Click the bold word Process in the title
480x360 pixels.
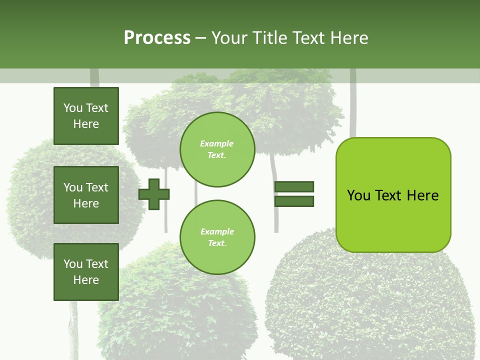tap(157, 38)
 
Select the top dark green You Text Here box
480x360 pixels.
tap(86, 116)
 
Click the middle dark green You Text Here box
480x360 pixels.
tap(86, 195)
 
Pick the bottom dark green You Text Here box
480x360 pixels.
tap(86, 271)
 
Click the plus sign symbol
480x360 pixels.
tap(154, 194)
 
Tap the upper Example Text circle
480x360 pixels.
tap(217, 149)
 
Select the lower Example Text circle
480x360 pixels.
tap(217, 237)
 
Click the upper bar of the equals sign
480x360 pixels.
tap(294, 187)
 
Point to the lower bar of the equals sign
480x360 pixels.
tap(294, 201)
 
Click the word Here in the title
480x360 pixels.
tap(348, 38)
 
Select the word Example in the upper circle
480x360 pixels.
tap(217, 143)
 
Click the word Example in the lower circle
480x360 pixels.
tap(217, 231)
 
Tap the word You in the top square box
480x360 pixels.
tap(73, 108)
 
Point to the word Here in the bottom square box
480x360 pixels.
tap(86, 280)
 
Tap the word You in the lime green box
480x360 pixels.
tap(359, 195)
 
